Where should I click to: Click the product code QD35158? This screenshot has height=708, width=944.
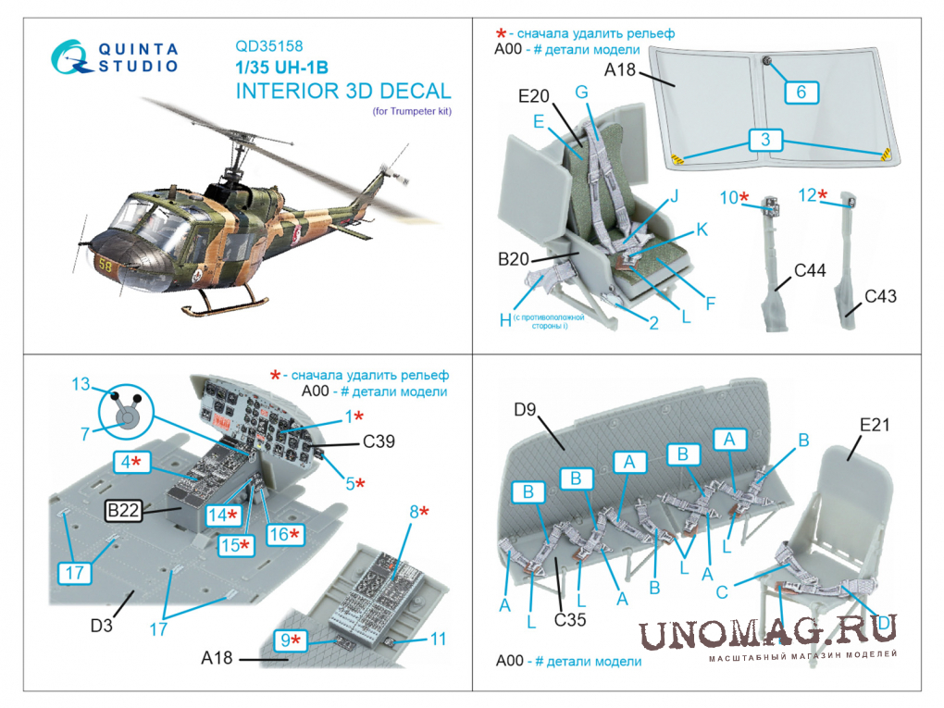(268, 46)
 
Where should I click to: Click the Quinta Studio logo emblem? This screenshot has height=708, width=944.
(70, 57)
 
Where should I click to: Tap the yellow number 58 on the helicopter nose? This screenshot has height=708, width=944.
(106, 265)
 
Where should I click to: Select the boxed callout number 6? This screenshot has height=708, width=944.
(801, 93)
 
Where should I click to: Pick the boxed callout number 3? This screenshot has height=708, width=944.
(765, 140)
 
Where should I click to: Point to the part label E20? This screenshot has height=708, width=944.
(533, 96)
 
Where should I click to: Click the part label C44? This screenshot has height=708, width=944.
(810, 270)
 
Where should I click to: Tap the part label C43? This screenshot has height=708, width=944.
(880, 296)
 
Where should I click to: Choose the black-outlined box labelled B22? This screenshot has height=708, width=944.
(123, 511)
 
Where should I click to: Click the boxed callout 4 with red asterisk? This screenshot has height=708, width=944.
(131, 462)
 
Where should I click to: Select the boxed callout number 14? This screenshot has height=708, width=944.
(223, 515)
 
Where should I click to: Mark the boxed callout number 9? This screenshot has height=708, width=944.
(291, 640)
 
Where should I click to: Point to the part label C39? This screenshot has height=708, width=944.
(379, 441)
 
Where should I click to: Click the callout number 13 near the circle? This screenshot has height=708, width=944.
(81, 384)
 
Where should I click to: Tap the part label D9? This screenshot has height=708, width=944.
(525, 410)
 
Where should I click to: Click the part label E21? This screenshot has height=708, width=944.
(875, 425)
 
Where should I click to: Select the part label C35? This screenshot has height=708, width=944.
(569, 619)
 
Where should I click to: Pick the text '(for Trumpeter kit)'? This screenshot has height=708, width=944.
(412, 111)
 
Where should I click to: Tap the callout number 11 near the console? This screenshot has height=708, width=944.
(438, 639)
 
